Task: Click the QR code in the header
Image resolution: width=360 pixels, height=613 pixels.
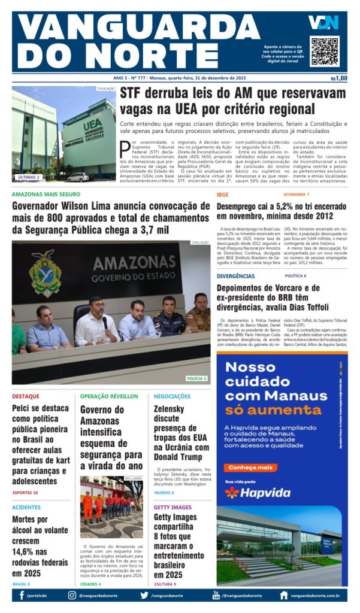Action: click(324, 51)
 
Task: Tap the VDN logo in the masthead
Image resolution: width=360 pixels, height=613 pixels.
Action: click(323, 22)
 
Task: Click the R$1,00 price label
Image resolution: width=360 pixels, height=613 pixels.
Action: click(338, 78)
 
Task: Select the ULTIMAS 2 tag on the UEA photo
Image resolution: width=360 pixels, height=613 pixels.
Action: click(29, 177)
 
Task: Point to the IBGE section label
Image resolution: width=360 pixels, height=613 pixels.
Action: click(223, 195)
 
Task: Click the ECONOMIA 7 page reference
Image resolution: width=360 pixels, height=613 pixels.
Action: click(297, 195)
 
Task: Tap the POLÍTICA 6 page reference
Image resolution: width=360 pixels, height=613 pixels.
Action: click(295, 276)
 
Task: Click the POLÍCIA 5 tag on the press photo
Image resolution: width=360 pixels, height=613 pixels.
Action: click(196, 378)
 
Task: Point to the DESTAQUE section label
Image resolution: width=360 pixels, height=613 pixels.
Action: click(26, 396)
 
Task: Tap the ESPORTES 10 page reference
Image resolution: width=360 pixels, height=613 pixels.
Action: click(25, 493)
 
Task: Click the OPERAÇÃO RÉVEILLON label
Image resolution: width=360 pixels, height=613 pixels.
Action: click(109, 396)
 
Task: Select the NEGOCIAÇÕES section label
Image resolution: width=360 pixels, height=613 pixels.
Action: click(172, 396)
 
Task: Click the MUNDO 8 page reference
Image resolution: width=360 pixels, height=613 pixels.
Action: click(164, 493)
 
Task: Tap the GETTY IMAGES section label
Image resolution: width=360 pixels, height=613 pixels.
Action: click(173, 508)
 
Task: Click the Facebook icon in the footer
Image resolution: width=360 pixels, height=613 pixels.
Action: click(22, 596)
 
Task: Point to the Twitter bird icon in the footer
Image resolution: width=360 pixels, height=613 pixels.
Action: click(144, 596)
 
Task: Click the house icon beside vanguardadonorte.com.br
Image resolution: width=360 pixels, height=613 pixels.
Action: click(284, 596)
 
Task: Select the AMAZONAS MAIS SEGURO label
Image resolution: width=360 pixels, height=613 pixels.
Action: click(46, 195)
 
